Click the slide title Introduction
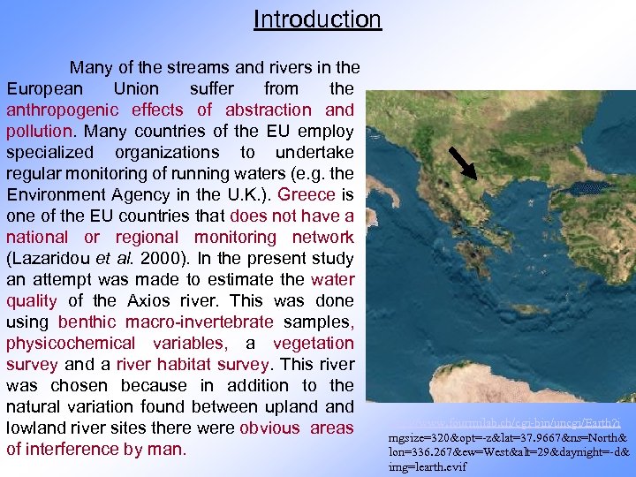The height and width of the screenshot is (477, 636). coord(317,19)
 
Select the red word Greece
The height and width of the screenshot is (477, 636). coord(307,194)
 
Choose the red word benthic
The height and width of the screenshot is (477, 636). coord(87,322)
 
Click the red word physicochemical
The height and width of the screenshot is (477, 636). coord(71,343)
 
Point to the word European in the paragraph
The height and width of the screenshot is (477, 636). coord(45,88)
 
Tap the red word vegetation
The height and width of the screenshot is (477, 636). coord(314,343)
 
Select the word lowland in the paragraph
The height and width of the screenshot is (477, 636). coord(38,428)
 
